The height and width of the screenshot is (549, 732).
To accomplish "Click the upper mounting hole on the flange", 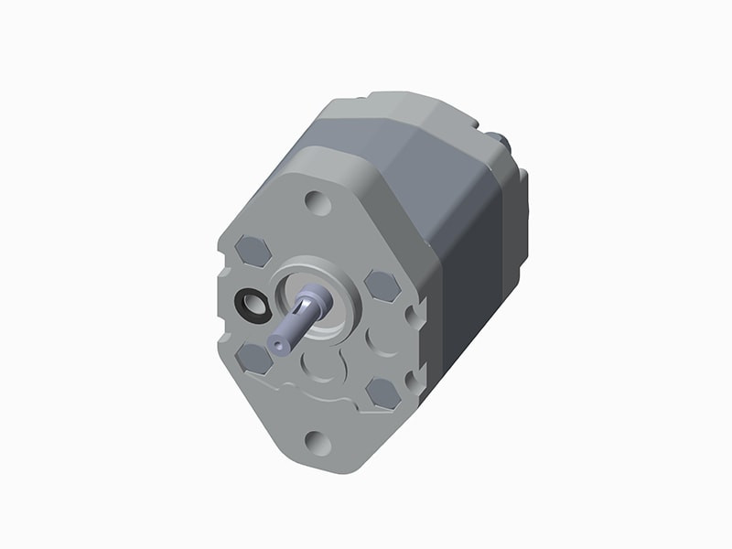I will (318, 201).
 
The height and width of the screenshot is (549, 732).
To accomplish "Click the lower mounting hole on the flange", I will (318, 444).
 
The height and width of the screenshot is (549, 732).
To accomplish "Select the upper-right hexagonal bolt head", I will (382, 285).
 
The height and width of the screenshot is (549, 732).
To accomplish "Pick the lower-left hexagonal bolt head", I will (253, 357).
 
